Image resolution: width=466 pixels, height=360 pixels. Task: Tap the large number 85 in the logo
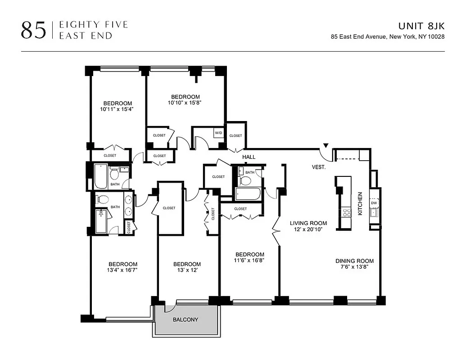33,30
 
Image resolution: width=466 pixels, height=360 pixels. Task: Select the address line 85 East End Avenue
388,37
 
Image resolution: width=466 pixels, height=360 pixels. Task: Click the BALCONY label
185,320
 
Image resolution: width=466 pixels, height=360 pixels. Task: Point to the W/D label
218,133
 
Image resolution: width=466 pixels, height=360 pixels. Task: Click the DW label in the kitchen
374,203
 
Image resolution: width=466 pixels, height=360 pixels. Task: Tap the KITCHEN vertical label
360,203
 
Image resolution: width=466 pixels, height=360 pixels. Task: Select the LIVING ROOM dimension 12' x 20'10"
308,229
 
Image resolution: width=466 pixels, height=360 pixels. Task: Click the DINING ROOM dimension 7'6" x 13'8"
354,267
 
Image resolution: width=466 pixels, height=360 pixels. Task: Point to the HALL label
249,157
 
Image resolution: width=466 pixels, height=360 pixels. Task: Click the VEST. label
319,167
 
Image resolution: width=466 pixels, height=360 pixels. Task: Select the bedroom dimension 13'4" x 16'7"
122,270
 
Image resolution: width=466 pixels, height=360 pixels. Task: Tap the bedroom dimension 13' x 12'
187,270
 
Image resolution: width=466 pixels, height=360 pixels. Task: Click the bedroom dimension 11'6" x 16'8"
249,260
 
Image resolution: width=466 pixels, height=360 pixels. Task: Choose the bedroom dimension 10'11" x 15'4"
117,109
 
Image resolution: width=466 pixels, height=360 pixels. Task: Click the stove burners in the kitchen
346,212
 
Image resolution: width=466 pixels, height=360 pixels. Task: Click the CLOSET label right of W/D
235,135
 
